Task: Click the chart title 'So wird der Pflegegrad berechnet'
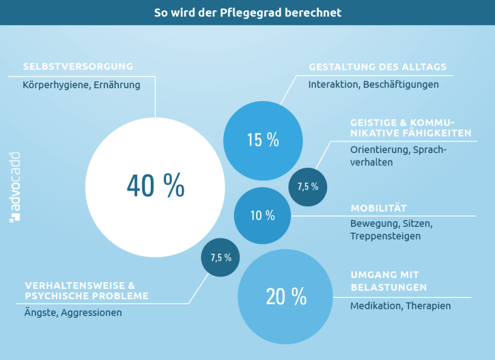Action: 247,13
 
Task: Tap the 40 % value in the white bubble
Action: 155,185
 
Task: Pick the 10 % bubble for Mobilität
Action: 262,216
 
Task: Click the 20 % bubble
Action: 286,296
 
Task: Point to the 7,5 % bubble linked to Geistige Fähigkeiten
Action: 308,187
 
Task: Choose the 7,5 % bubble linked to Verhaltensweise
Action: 221,257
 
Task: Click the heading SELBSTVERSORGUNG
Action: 78,67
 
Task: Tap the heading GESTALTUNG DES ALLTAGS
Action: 377,67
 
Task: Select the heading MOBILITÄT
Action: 378,208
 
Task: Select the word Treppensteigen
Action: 385,236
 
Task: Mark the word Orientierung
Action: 379,150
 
